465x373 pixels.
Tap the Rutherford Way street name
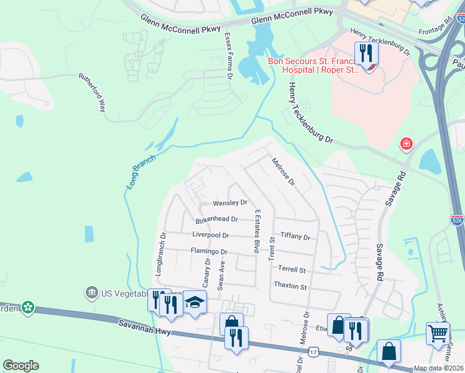click(92, 93)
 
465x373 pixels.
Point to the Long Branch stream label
click(140, 172)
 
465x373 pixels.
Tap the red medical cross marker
click(407, 144)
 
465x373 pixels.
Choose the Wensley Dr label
click(230, 203)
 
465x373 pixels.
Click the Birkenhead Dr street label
click(217, 219)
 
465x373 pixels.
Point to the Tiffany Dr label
click(295, 236)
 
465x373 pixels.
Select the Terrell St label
click(292, 270)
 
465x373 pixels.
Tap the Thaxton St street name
click(290, 287)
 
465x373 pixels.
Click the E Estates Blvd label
click(256, 231)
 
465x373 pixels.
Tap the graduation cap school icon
click(195, 303)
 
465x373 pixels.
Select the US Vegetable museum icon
click(91, 292)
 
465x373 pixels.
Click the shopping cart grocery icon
click(438, 334)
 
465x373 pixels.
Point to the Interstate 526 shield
click(456, 219)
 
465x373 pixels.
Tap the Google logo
click(21, 366)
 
